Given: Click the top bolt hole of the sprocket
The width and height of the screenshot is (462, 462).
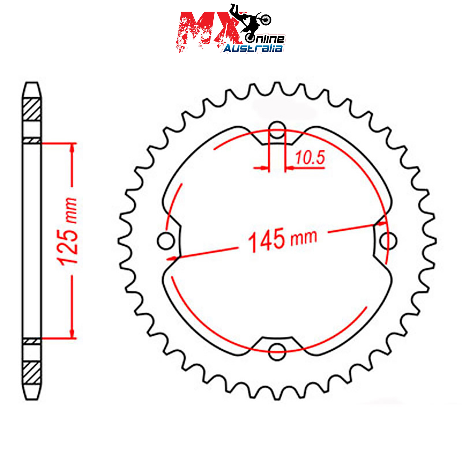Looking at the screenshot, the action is point(277,130).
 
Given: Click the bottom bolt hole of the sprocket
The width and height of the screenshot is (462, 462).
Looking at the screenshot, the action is point(277,352).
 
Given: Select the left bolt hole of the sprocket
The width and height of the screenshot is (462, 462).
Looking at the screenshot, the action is point(166,241).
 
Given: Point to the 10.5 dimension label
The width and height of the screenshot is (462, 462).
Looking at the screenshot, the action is point(310,158).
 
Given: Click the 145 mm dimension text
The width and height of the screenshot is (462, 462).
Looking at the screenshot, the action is point(283,239).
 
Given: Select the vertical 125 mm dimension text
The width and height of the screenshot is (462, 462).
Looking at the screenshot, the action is point(68,231).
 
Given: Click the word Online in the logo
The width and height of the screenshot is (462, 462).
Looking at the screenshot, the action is point(265,39).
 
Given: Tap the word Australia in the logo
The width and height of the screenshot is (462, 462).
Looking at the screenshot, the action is point(253,49).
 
